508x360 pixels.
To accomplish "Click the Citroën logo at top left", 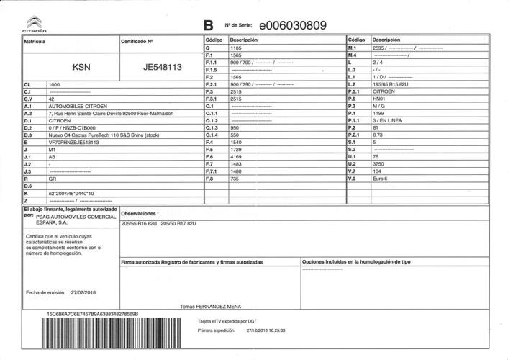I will click(34, 24).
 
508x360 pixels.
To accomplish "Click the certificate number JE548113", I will click(162, 68).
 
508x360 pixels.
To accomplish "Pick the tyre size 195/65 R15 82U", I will click(390, 84).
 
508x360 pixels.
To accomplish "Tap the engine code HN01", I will click(379, 99).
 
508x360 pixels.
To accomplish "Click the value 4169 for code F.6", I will click(236, 157).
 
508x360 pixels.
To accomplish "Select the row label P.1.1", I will click(354, 120).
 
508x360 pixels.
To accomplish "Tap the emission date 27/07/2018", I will click(89, 292).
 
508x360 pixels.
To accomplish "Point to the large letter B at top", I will click(209, 26).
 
